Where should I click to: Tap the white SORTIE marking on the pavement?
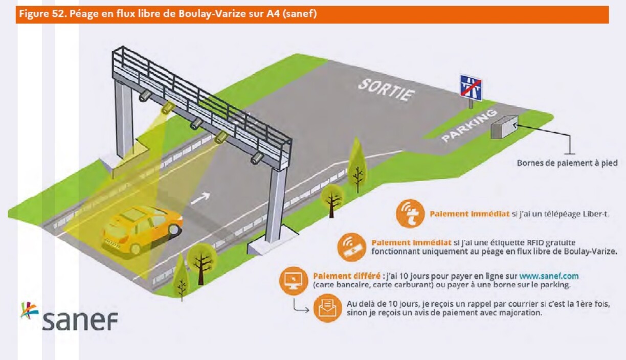coord(386,89)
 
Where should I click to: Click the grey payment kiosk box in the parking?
coord(504,126)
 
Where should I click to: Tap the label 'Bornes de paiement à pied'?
coord(567,163)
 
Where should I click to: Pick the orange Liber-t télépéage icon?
coord(410,214)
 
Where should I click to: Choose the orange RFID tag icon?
coord(352,246)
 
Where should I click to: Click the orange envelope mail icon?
coord(327,308)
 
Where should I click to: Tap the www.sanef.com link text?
coord(549,276)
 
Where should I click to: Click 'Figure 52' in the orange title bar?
coord(38,14)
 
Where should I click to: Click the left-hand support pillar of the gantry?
coord(124,120)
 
